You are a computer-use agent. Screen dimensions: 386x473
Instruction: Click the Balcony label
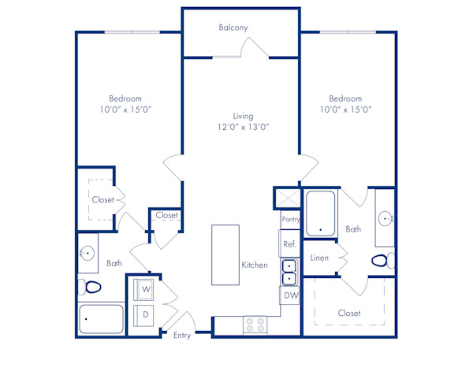[233, 28]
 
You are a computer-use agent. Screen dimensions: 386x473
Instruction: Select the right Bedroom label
[345, 98]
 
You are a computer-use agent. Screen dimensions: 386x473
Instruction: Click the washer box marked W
[146, 289]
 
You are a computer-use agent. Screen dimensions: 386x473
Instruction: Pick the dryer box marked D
[146, 315]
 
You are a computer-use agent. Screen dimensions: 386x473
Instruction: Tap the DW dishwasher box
[289, 295]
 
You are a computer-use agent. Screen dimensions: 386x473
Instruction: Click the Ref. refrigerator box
[289, 244]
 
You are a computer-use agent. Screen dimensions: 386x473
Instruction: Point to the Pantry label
[290, 218]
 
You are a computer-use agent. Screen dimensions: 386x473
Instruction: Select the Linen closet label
[319, 258]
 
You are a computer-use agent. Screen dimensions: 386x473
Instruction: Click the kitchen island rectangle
[225, 255]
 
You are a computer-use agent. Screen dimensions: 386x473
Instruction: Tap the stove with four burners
[254, 323]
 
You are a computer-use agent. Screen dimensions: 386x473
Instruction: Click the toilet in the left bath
[89, 287]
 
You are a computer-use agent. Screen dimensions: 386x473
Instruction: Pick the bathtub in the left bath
[102, 319]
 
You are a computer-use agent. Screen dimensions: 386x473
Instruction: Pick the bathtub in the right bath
[321, 214]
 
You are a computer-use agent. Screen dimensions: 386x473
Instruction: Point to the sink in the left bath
[87, 254]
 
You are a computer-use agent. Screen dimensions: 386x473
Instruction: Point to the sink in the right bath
[385, 218]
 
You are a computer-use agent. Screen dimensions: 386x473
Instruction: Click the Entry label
[182, 336]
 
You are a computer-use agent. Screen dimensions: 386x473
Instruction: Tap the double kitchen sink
[289, 272]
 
